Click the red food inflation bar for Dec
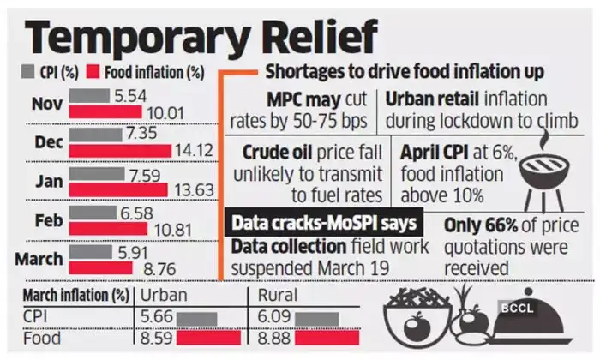pyautogui.click(x=119, y=151)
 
